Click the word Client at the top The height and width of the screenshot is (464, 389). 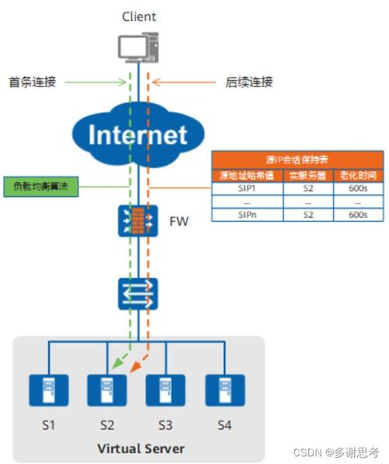pyautogui.click(x=139, y=16)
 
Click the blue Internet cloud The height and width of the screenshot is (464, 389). pyautogui.click(x=139, y=134)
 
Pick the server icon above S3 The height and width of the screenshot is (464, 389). pyautogui.click(x=164, y=389)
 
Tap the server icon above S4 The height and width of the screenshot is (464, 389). pyautogui.click(x=220, y=389)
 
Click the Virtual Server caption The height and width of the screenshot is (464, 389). pyautogui.click(x=140, y=448)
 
